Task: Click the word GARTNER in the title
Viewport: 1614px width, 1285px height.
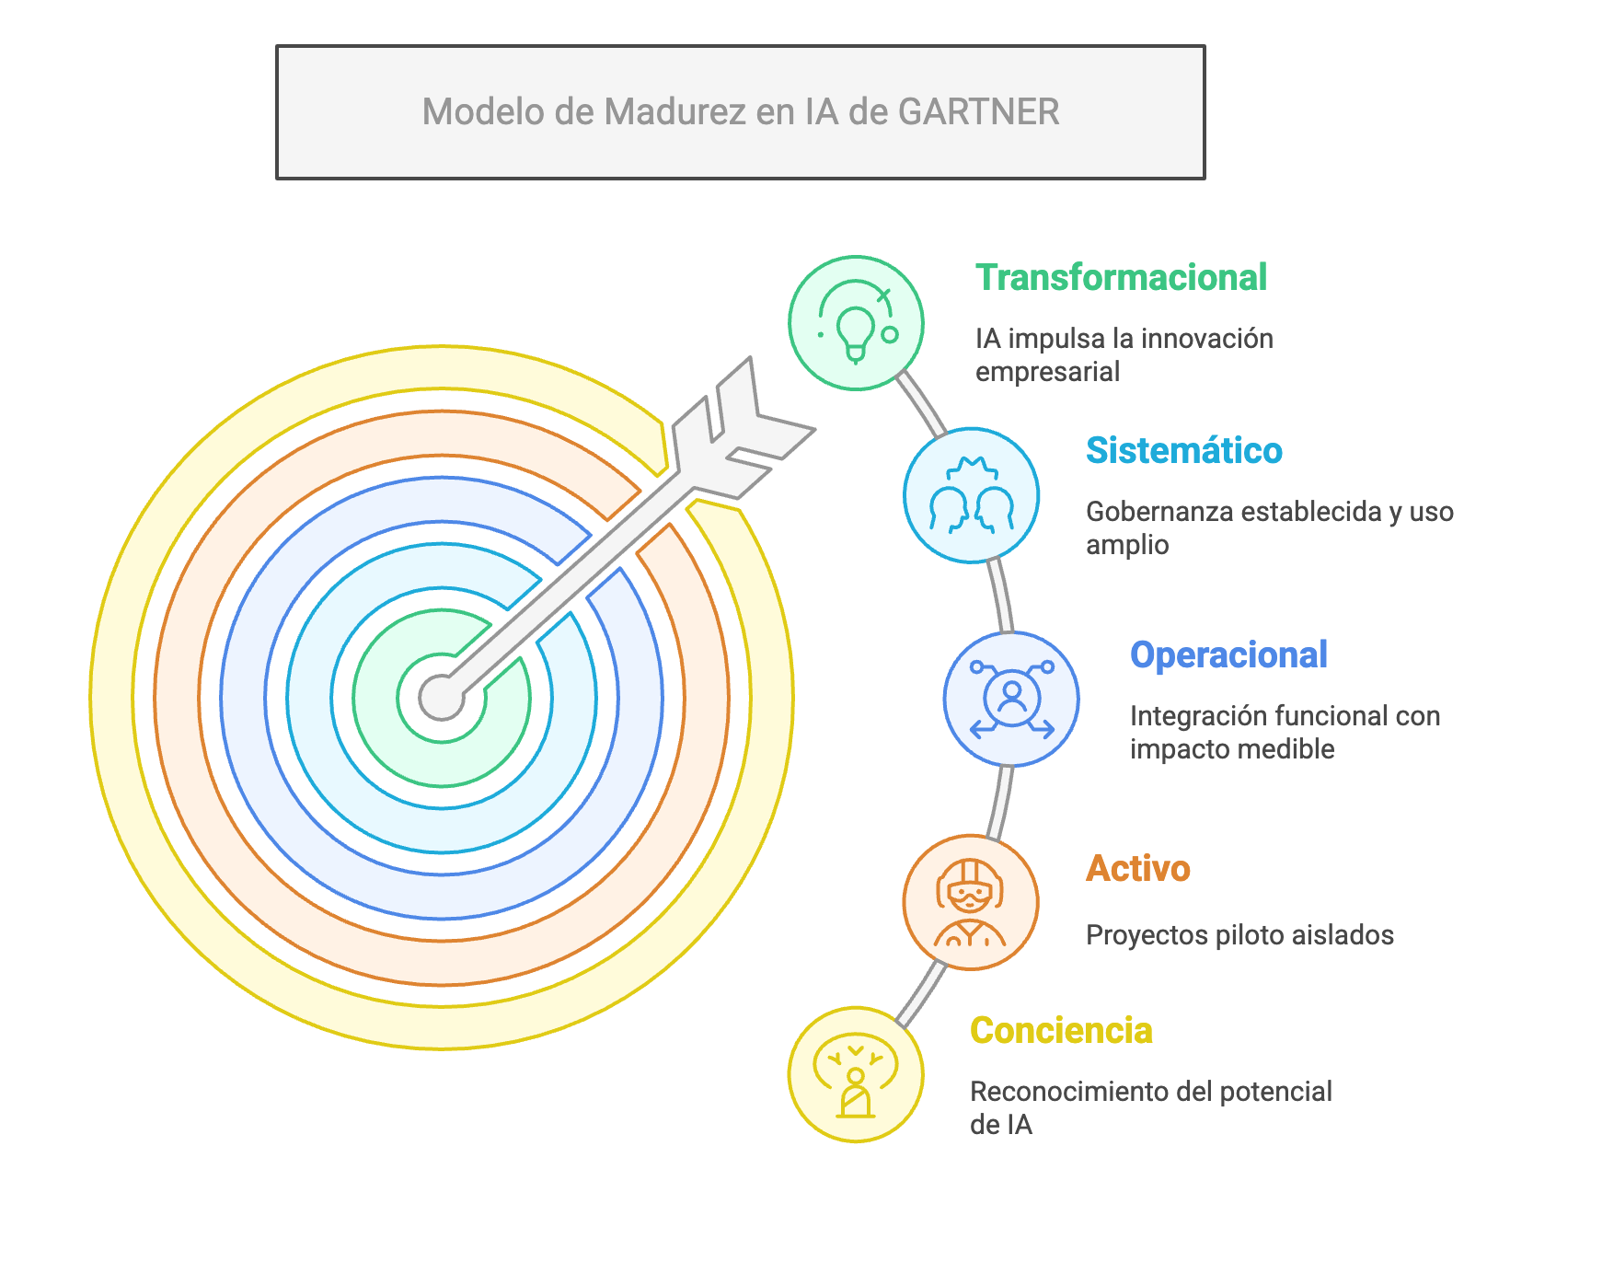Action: click(x=978, y=112)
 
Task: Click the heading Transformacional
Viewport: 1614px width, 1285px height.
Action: click(x=1121, y=278)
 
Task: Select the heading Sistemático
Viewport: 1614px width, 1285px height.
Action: click(x=1183, y=451)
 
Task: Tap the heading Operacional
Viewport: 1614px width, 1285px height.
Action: click(x=1228, y=655)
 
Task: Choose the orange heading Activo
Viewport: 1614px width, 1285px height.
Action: click(x=1137, y=869)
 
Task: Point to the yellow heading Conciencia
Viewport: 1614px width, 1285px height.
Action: click(x=1061, y=1031)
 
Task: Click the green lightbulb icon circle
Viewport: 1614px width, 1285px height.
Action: click(x=856, y=323)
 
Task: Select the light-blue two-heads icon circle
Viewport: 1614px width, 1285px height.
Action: click(x=971, y=495)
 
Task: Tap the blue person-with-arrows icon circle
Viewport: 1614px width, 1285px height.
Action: click(x=1011, y=699)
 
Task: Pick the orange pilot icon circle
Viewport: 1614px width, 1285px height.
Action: click(x=971, y=902)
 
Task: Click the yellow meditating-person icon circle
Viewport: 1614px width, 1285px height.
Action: click(x=856, y=1074)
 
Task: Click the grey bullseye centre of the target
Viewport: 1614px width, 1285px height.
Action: click(x=442, y=698)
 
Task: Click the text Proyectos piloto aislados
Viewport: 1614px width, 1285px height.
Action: click(x=1239, y=935)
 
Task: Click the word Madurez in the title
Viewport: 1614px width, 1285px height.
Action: click(x=674, y=112)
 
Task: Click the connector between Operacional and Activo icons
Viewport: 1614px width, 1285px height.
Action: click(x=1000, y=801)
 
